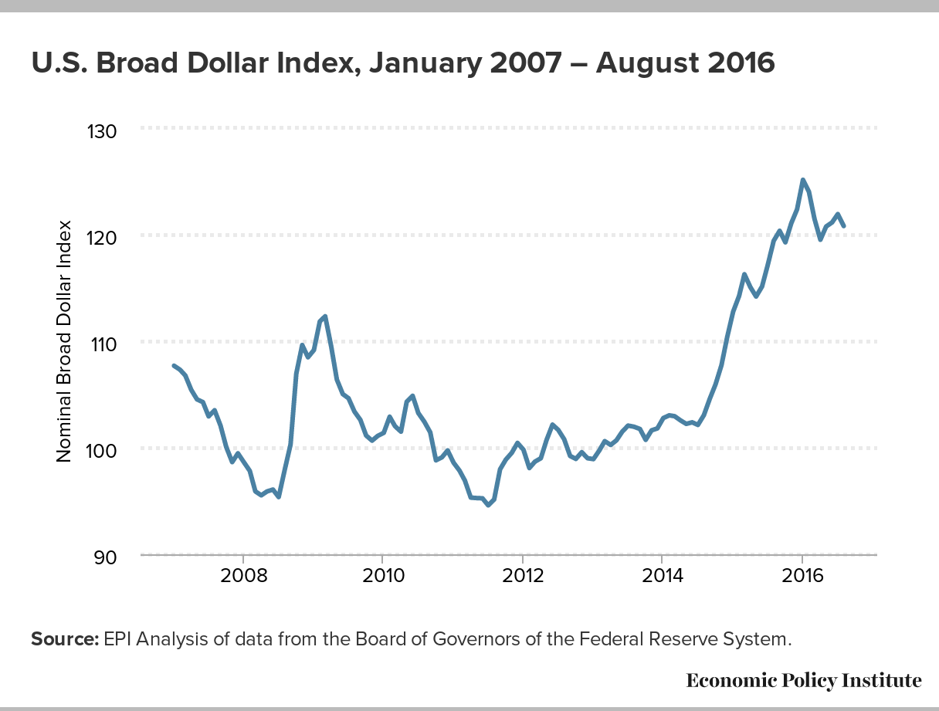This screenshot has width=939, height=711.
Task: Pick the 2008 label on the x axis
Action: click(x=243, y=578)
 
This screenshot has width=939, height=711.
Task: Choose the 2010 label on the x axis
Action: click(x=383, y=578)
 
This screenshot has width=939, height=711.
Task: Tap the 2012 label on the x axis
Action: click(x=523, y=578)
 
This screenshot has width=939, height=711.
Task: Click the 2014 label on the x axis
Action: click(x=662, y=578)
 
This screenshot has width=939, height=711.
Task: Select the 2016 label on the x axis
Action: click(x=802, y=578)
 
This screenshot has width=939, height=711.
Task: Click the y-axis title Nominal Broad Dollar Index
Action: click(x=64, y=341)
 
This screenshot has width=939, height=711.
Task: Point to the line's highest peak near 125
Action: click(x=803, y=180)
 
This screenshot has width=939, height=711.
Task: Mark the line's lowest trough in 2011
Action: click(x=488, y=505)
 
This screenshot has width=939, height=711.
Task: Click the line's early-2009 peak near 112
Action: click(x=325, y=317)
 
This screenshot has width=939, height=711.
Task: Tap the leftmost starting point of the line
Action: click(x=174, y=365)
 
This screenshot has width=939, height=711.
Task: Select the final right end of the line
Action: click(x=843, y=226)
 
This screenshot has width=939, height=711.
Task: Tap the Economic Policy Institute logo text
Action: click(x=803, y=680)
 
